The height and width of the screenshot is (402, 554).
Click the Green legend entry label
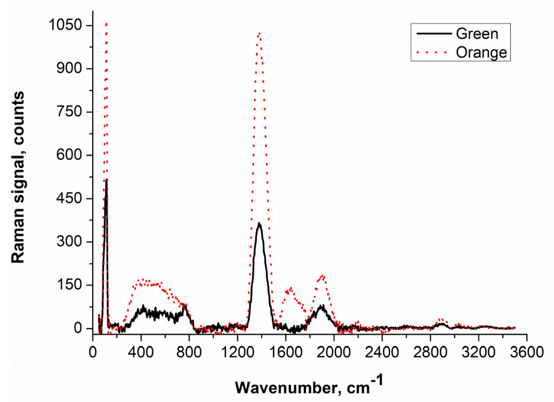click(x=477, y=34)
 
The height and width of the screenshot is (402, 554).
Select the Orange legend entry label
click(x=481, y=52)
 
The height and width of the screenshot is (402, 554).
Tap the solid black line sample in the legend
click(x=434, y=33)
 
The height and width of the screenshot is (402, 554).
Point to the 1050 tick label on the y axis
click(x=65, y=25)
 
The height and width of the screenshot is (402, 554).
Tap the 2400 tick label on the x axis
click(x=382, y=352)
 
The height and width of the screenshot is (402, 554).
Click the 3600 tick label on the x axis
click(x=526, y=352)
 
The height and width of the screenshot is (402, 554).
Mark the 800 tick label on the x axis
click(x=189, y=352)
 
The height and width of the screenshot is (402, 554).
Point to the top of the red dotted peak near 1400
click(x=259, y=33)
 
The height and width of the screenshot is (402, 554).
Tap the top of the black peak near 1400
click(x=259, y=223)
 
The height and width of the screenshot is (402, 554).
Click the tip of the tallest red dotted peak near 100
click(x=106, y=24)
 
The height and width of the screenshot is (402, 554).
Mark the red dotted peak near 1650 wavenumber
click(x=291, y=288)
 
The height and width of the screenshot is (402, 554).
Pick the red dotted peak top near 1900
click(x=323, y=276)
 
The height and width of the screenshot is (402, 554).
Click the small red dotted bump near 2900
click(x=441, y=320)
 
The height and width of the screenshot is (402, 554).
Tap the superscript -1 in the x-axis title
click(x=377, y=380)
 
